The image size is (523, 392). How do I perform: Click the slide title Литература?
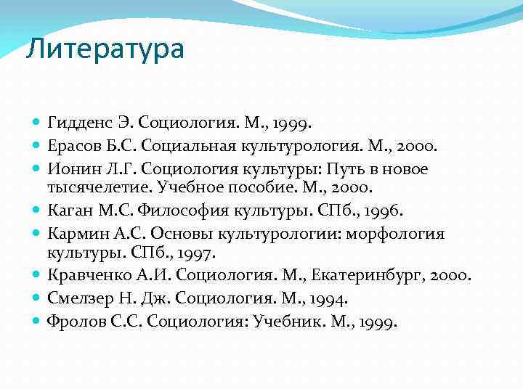(x=105, y=49)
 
